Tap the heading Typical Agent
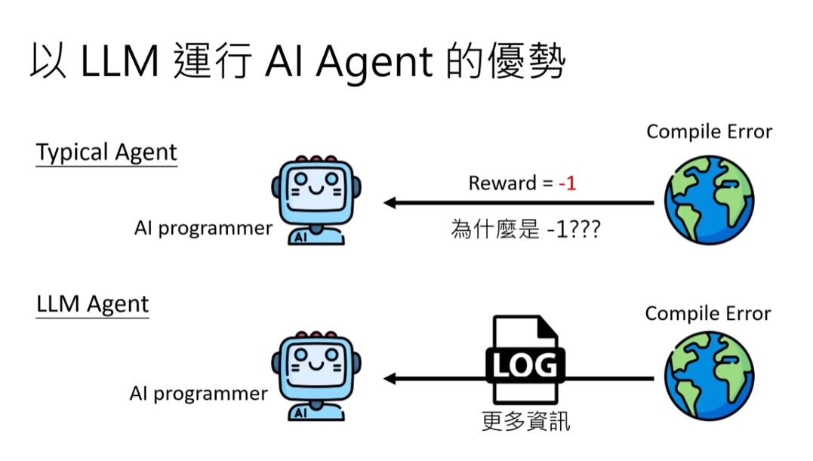(106, 152)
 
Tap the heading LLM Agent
(93, 304)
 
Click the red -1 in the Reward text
(567, 183)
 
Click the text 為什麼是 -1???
(525, 229)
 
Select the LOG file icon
(525, 361)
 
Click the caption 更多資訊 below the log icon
(525, 421)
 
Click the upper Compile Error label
(710, 132)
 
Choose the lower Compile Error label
(708, 313)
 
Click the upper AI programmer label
(203, 228)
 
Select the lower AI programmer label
(199, 393)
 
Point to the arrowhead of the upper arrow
(390, 202)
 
